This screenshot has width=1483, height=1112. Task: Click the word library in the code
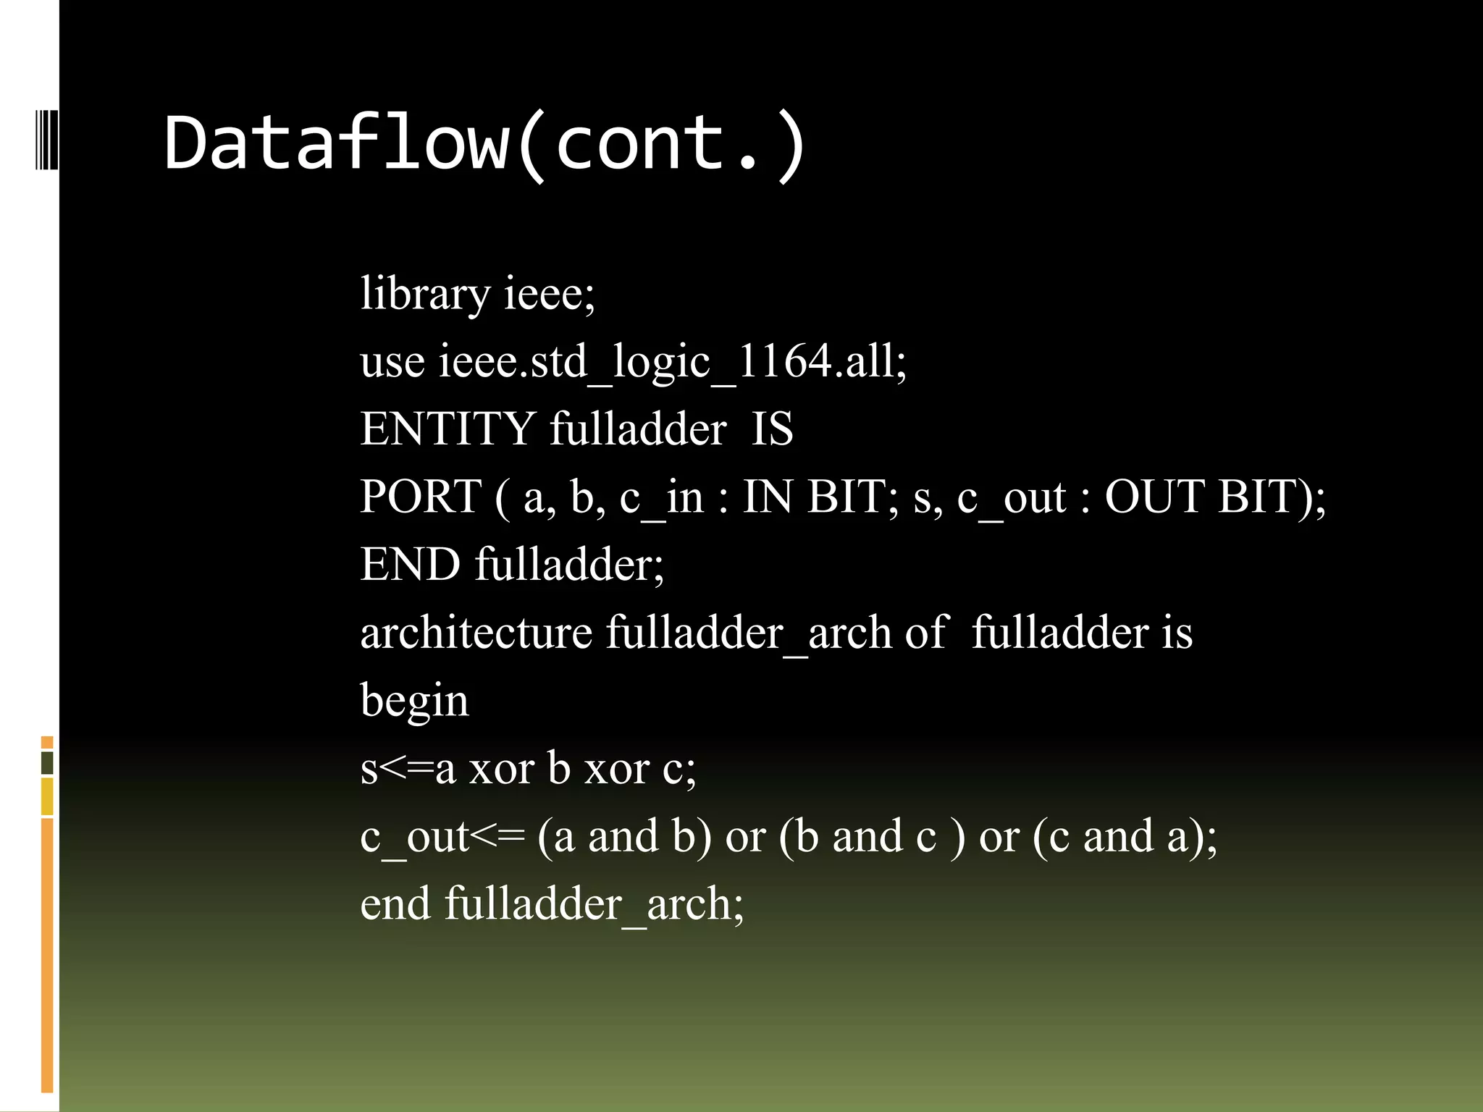coord(425,294)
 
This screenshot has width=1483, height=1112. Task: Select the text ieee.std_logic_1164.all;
coord(672,361)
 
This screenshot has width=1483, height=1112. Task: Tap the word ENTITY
coord(448,429)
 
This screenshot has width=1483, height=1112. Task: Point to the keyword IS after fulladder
coord(772,429)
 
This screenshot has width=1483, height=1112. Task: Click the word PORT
coord(421,497)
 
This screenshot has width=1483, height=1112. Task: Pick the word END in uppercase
coord(410,564)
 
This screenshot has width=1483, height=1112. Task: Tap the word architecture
coord(476,632)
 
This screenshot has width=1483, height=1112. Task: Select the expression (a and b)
coord(625,836)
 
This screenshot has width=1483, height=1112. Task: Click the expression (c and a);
coord(1125,836)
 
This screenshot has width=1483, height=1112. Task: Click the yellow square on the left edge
coord(47,796)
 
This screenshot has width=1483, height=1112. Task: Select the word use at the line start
coord(392,361)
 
